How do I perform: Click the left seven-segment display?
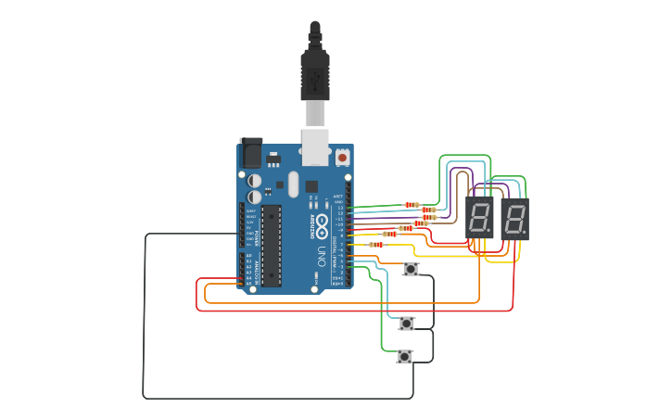click(479, 219)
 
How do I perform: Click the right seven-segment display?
click(514, 219)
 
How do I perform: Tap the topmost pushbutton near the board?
click(411, 269)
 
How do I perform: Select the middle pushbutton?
click(407, 323)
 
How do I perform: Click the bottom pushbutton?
click(404, 356)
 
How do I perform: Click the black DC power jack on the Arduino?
click(250, 152)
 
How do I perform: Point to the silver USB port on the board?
click(316, 148)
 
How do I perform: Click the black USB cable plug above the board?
click(315, 74)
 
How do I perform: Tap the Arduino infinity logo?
click(322, 223)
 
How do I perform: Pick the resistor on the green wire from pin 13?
click(412, 205)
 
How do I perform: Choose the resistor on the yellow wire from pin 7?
click(376, 245)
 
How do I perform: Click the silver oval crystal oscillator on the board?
click(293, 184)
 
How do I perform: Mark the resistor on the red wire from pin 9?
click(390, 234)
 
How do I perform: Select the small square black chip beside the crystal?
click(311, 185)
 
